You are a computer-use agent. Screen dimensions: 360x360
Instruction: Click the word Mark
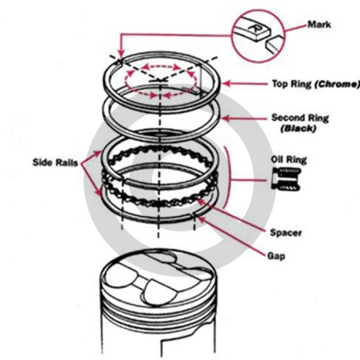click(319, 24)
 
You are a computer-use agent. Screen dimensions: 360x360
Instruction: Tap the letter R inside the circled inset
click(254, 27)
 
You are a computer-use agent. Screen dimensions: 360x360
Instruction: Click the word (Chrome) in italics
click(337, 84)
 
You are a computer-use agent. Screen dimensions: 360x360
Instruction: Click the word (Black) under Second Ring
click(298, 129)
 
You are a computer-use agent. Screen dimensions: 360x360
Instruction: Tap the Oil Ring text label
click(289, 160)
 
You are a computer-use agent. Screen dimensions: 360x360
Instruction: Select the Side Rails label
click(55, 163)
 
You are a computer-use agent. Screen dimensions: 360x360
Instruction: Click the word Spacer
click(286, 233)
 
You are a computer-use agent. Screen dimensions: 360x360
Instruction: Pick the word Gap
click(276, 256)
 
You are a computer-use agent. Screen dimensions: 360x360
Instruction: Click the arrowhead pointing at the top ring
click(226, 84)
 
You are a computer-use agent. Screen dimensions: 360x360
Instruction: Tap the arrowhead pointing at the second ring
click(226, 118)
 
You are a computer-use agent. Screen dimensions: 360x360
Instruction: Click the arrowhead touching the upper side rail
click(98, 153)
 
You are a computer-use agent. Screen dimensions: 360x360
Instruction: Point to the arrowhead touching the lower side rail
click(98, 193)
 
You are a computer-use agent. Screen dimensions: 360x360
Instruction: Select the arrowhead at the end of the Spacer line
click(200, 201)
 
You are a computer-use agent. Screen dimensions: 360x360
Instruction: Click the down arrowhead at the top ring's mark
click(121, 55)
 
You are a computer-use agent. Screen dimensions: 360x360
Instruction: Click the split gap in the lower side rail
click(194, 215)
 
